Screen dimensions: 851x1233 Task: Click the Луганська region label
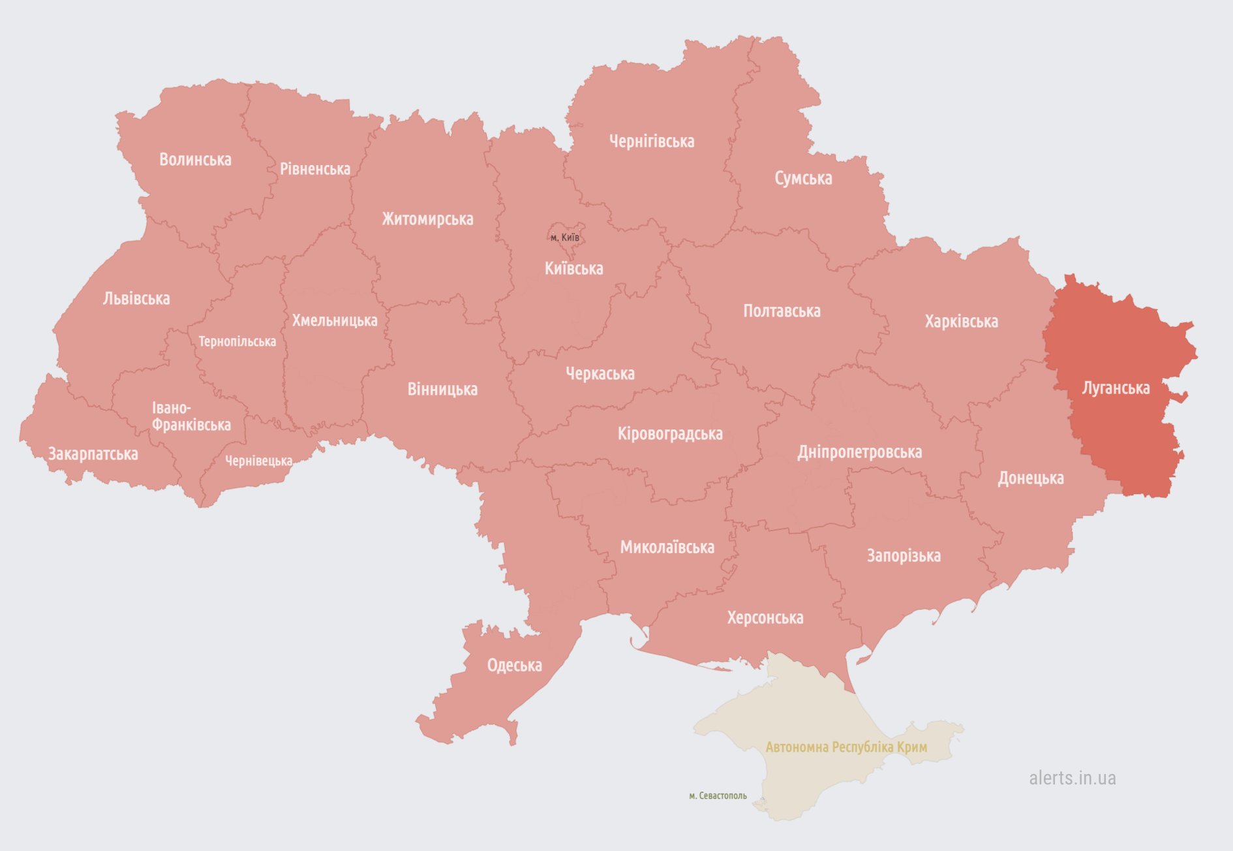1116,388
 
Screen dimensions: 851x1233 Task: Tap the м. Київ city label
565,238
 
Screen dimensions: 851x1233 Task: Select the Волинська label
195,160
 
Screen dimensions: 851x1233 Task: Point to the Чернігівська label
652,142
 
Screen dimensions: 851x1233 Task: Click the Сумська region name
803,178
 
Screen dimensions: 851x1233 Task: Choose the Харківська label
961,321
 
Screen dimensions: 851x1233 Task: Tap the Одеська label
514,665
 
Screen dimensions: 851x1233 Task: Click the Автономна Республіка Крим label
846,747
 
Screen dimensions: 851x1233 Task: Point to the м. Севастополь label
718,796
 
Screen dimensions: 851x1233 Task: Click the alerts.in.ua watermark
1072,778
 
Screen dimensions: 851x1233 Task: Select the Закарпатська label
93,454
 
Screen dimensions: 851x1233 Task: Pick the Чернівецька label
258,461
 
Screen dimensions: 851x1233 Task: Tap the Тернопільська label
237,341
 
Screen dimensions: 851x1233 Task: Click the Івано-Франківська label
190,416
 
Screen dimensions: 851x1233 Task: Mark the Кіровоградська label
670,434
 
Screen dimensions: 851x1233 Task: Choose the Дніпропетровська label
859,452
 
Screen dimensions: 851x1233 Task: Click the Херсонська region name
765,617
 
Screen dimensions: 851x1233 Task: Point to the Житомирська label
427,219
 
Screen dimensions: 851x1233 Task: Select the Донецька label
1030,478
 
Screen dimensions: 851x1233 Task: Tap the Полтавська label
782,311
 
